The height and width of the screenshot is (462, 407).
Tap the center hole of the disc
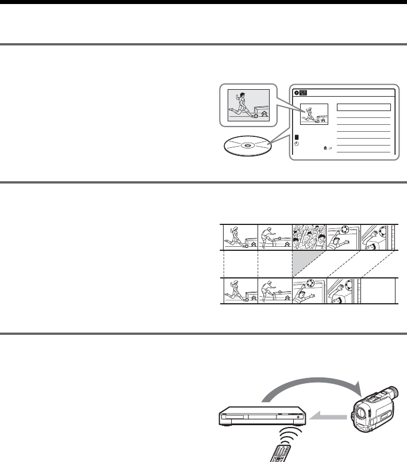246,146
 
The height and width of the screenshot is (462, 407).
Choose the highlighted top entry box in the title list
363,107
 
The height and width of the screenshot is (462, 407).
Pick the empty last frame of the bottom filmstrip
378,291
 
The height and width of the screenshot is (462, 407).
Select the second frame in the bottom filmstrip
274,291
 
